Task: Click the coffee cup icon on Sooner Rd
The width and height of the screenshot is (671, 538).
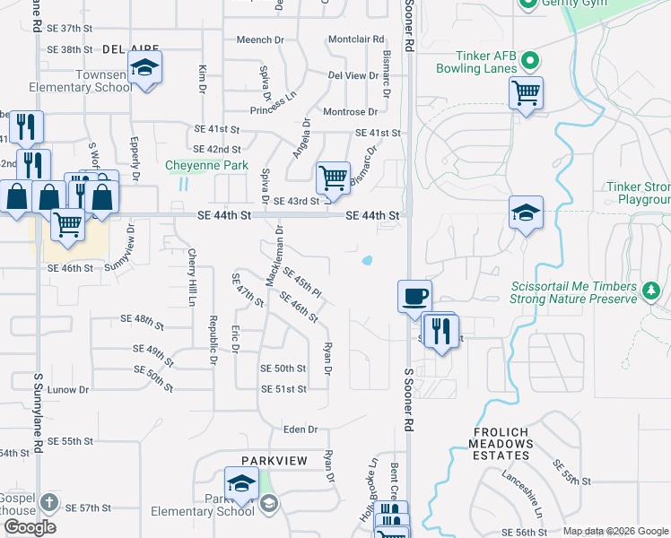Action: pos(414,296)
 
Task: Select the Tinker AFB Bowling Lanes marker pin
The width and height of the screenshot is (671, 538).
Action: pos(529,62)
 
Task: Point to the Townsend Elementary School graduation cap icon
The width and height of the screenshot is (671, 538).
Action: pos(144,68)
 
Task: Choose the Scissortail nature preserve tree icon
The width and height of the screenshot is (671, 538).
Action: pos(651,290)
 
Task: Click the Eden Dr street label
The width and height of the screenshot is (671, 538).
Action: pos(301,430)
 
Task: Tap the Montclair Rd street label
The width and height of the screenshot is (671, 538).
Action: pos(356,39)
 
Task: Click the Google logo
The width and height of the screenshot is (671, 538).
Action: pos(30,527)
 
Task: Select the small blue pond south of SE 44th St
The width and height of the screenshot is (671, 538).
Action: pos(367,262)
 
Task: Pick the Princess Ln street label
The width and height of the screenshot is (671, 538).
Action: pos(274,105)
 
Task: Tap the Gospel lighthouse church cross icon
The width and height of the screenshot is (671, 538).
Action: pos(48,503)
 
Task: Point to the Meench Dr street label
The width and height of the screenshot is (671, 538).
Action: pos(260,39)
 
